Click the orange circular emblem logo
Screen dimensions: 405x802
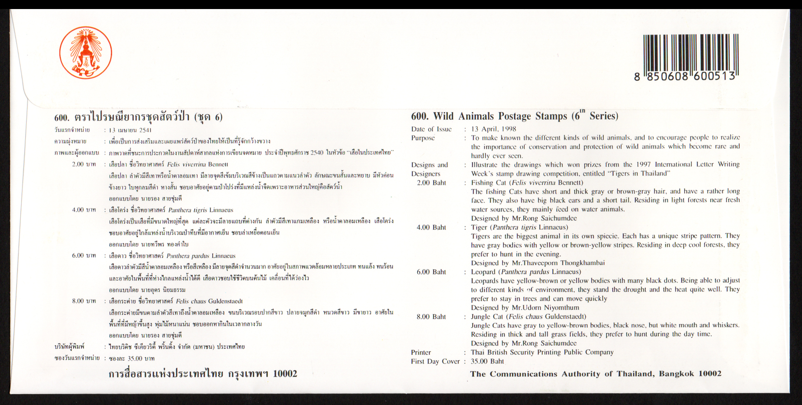pos(86,52)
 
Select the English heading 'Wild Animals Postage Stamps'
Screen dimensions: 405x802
pos(514,116)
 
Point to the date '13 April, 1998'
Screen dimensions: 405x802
pos(494,129)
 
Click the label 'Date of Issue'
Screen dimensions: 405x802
pos(431,129)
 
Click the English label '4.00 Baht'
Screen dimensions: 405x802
pos(431,227)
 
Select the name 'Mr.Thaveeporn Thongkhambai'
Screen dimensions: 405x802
pos(558,263)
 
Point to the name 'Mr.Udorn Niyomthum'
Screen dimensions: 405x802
pos(545,307)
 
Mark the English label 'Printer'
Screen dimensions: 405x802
pos(421,353)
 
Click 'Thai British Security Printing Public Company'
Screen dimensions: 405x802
pos(542,352)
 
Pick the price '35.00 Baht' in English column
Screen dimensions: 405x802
pos(487,361)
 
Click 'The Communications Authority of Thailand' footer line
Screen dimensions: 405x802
pos(595,374)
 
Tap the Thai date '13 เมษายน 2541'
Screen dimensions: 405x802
pos(130,130)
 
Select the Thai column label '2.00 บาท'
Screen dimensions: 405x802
pos(84,164)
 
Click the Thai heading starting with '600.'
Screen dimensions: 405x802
pos(138,117)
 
